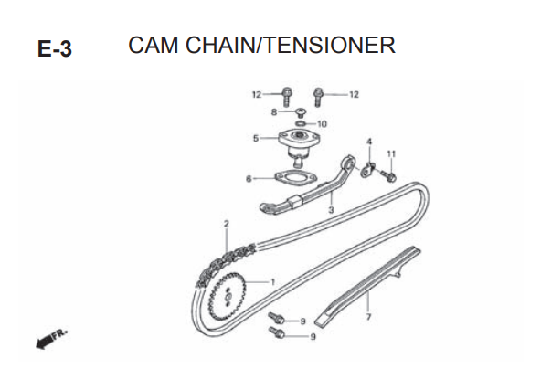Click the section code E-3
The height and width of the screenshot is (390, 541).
point(55,48)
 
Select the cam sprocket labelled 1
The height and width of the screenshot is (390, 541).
point(227,297)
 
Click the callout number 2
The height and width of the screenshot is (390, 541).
point(226,224)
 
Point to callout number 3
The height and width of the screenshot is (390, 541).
point(331,210)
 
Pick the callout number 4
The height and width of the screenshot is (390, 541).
point(369,142)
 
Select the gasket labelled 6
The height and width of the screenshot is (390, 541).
point(296,178)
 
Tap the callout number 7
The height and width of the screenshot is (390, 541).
point(368,317)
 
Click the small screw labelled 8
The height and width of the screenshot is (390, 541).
point(302,112)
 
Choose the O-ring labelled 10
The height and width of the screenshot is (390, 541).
point(301,123)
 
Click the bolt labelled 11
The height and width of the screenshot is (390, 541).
point(387,176)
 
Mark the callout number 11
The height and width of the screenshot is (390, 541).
point(391,153)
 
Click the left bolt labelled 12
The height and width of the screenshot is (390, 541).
point(287,97)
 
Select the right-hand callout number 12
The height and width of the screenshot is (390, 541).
point(354,94)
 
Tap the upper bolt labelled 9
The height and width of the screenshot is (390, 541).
point(277,318)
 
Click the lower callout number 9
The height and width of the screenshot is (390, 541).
point(313,336)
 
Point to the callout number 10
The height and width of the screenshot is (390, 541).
point(322,124)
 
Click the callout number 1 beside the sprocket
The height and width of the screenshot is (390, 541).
point(272,282)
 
